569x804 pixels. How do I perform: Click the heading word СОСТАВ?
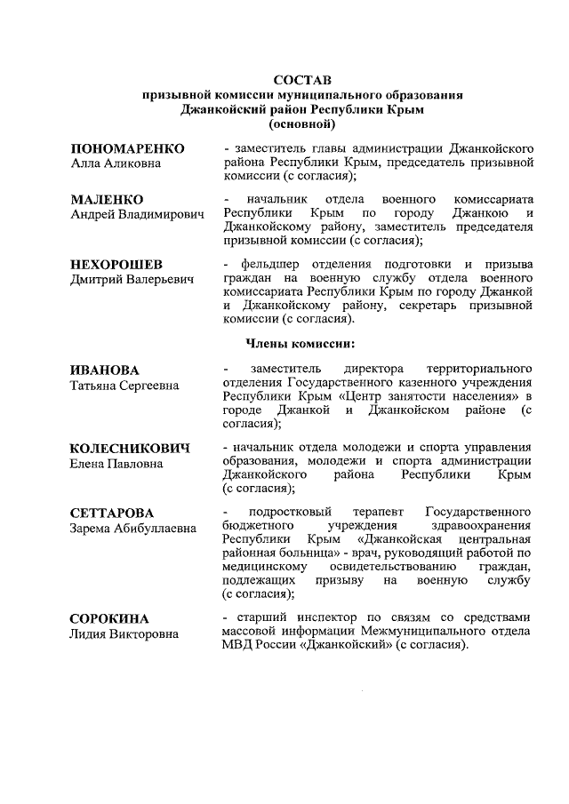pos(302,81)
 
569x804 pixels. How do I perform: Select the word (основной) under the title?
pos(302,123)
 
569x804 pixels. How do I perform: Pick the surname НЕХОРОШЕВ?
pos(116,266)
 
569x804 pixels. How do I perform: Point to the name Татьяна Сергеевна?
pos(124,385)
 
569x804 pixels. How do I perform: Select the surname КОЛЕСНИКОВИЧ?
pos(130,449)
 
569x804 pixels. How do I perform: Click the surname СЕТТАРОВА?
pos(111,513)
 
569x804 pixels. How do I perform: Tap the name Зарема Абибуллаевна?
pos(132,529)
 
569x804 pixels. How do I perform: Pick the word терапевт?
pos(374,513)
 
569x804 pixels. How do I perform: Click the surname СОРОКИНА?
pos(109,617)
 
